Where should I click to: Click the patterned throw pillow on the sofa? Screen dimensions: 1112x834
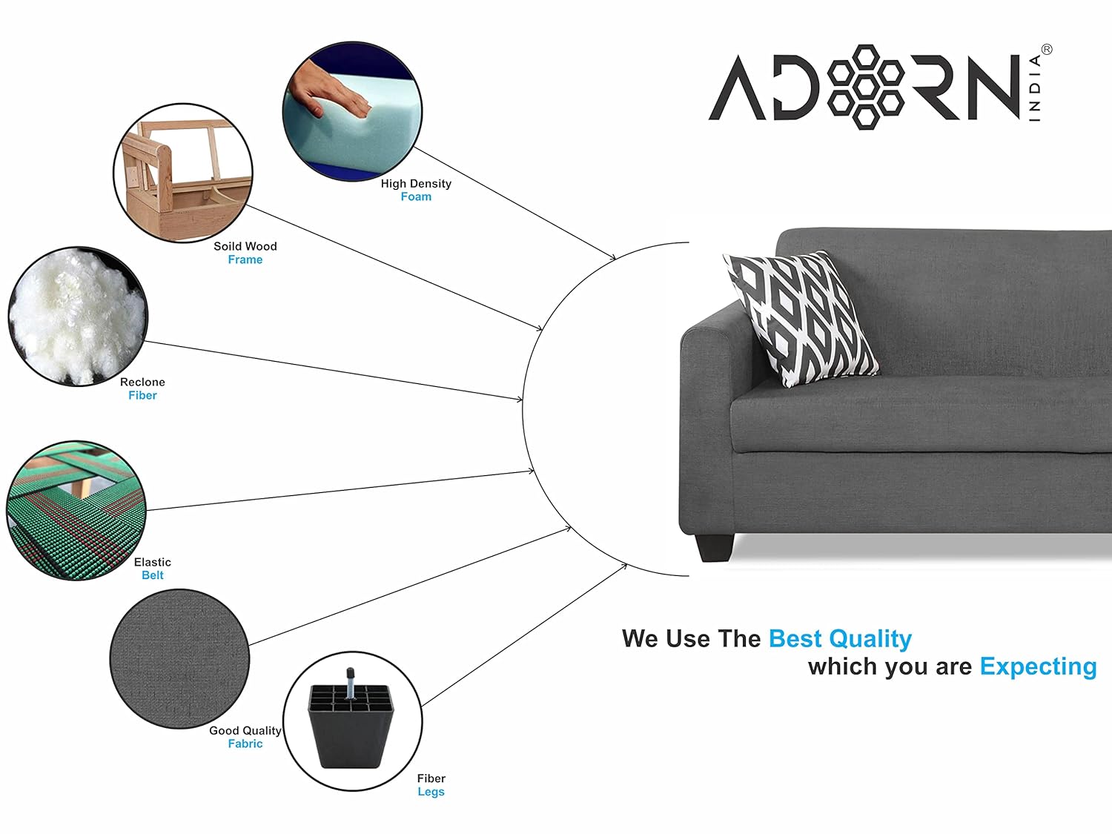pos(801,319)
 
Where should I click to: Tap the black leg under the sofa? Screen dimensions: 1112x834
pos(715,548)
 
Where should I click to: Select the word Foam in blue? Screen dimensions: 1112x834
pos(416,196)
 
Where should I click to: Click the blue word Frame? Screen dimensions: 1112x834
pos(245,259)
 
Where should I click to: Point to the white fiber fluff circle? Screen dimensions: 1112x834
pos(79,317)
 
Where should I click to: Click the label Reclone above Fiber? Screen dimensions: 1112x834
pos(142,382)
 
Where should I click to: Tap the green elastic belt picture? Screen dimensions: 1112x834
pos(76,511)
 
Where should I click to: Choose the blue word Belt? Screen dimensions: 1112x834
pos(153,575)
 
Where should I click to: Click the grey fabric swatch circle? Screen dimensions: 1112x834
pos(180,659)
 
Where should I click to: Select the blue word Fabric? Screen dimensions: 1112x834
pos(245,744)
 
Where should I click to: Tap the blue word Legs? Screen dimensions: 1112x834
pos(431,792)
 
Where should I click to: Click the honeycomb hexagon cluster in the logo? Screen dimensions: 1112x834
pos(866,87)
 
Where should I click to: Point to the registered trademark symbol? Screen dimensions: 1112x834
pos(1047,50)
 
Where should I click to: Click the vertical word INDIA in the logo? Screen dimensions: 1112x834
pos(1035,88)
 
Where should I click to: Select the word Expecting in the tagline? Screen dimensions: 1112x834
pos(1038,667)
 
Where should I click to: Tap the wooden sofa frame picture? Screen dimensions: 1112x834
pos(183,173)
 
